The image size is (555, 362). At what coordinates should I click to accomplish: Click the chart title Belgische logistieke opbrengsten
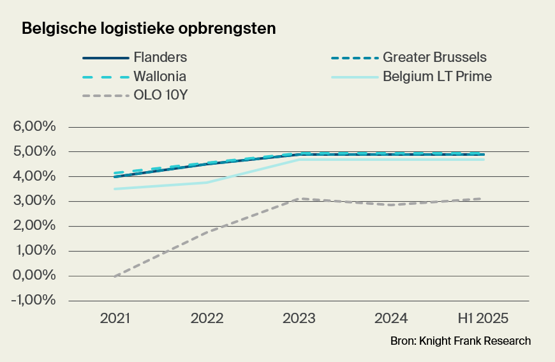149,29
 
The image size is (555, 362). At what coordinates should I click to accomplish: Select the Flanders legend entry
160,57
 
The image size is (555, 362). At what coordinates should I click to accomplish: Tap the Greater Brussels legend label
434,57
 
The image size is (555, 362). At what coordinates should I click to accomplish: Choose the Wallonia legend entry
160,77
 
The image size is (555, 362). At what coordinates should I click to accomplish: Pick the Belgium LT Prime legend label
437,77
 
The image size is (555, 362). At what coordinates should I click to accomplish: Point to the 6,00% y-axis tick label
35,127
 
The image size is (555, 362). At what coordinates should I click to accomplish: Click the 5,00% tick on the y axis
35,152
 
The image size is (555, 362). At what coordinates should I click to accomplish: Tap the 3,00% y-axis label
35,201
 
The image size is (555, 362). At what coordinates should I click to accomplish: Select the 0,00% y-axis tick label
35,276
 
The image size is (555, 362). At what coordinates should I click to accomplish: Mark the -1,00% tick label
33,301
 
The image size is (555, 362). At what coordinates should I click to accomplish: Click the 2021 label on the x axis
115,319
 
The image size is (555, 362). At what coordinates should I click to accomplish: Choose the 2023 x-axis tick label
300,319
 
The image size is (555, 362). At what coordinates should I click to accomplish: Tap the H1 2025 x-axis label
484,319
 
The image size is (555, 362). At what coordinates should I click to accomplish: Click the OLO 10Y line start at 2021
115,276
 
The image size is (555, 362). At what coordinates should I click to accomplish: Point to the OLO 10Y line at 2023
300,199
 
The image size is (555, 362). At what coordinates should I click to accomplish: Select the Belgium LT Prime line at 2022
207,183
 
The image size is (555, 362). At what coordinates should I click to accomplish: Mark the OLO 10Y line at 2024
392,205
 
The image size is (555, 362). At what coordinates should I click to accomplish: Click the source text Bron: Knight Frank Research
460,341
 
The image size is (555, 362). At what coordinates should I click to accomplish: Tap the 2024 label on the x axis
392,319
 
